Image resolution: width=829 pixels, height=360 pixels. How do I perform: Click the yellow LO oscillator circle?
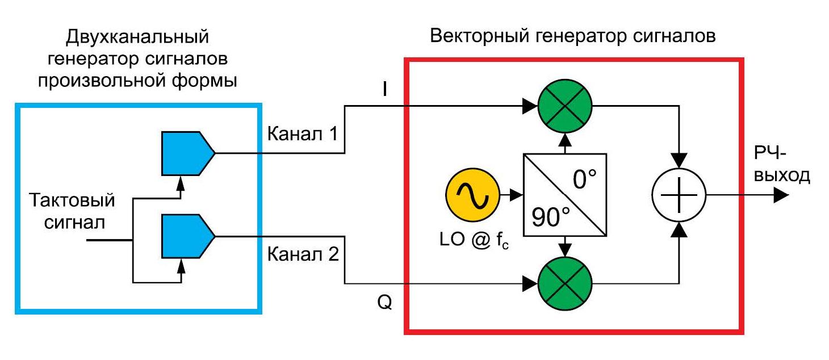[x=471, y=196]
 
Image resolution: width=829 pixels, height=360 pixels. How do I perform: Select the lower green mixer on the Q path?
[x=565, y=282]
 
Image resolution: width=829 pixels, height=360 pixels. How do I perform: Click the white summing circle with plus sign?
[x=679, y=195]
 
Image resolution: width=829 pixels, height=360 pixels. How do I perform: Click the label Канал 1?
[x=303, y=136]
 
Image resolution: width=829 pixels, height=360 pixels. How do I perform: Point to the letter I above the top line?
[x=384, y=90]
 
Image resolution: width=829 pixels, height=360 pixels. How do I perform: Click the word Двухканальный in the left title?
[x=137, y=37]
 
